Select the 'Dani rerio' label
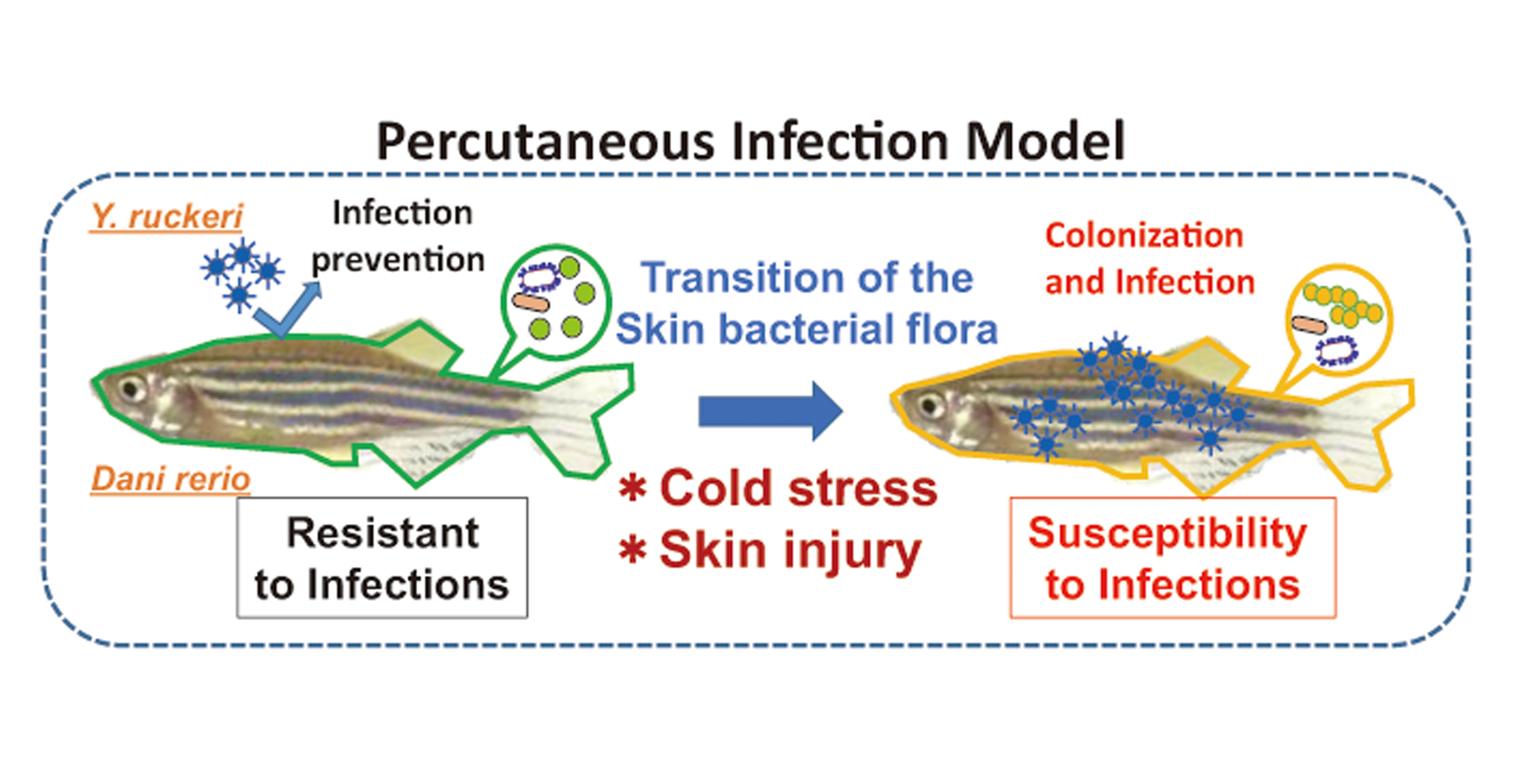(170, 479)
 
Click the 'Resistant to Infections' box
(382, 558)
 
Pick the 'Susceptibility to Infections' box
(1173, 558)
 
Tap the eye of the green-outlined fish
(130, 389)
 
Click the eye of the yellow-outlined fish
(930, 405)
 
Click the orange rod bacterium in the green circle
(531, 302)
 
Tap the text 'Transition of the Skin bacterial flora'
(807, 303)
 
